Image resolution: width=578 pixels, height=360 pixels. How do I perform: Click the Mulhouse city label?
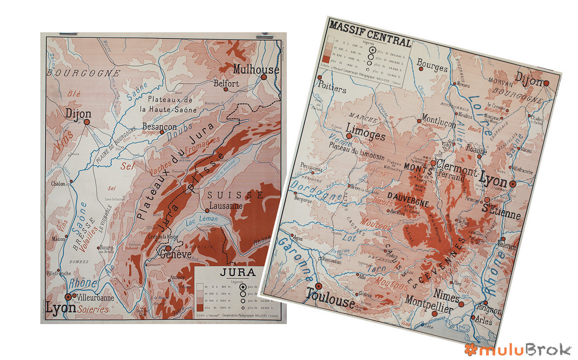pyautogui.click(x=256, y=70)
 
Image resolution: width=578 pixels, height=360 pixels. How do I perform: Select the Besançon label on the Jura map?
pyautogui.click(x=159, y=127)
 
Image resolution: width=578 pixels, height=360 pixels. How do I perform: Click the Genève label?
pyautogui.click(x=175, y=255)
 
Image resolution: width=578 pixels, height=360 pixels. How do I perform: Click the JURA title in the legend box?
pyautogui.click(x=237, y=272)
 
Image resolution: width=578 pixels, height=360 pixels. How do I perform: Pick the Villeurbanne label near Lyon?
pyautogui.click(x=97, y=297)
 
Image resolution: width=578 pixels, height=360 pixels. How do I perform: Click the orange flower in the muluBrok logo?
pyautogui.click(x=470, y=349)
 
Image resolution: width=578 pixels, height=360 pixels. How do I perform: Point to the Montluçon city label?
pyautogui.click(x=438, y=120)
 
